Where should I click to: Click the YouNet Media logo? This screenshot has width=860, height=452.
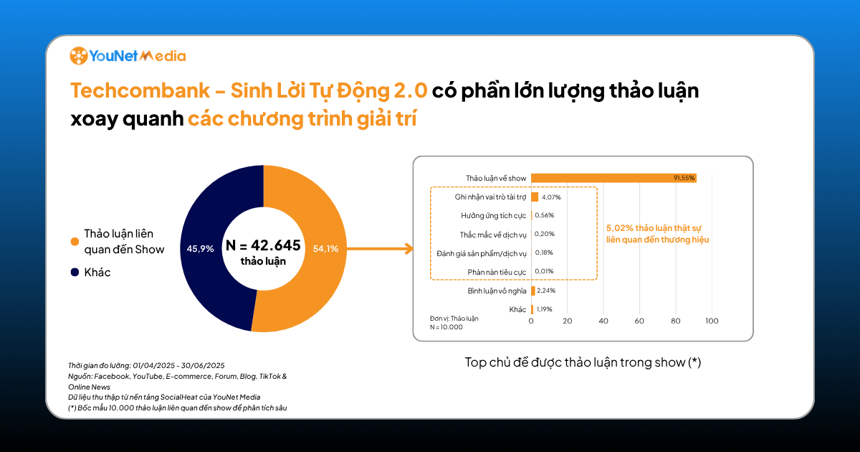[128, 56]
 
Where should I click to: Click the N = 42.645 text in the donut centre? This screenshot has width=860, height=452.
[263, 245]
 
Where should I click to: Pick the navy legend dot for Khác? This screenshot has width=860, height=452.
[75, 273]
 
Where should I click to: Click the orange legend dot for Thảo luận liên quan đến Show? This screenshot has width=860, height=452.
[75, 242]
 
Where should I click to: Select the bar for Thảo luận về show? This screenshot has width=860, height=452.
[613, 178]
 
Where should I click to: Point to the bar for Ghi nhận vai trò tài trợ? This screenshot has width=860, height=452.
[535, 197]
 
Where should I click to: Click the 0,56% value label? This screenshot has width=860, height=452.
[545, 215]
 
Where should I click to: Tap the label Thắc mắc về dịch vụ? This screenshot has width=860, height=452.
[493, 235]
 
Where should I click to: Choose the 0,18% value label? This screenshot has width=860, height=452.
[544, 253]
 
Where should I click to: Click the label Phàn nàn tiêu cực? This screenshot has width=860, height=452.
[497, 272]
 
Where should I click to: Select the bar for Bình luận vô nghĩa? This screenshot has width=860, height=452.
[533, 291]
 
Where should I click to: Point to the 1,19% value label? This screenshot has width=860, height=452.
[545, 309]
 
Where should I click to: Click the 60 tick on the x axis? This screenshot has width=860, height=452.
[639, 321]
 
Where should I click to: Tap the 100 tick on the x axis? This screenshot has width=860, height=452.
[712, 321]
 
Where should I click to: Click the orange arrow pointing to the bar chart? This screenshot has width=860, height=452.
[380, 249]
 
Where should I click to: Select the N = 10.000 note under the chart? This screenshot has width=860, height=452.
[446, 327]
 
